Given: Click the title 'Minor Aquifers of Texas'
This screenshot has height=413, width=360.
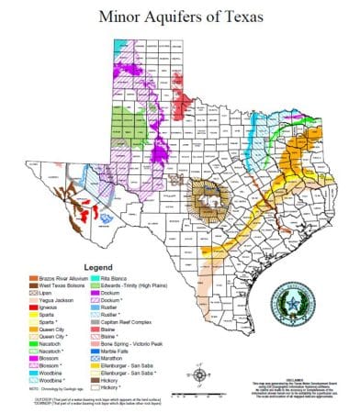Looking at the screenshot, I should [x=180, y=16].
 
